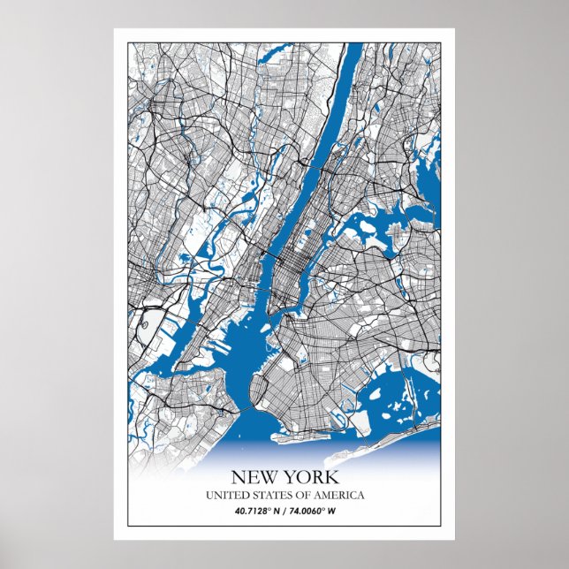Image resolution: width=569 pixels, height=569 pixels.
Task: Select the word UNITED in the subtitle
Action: click(x=226, y=496)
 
